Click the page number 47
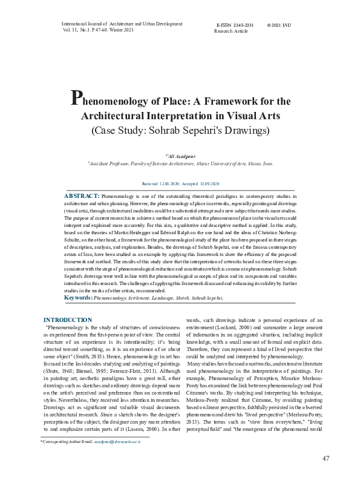326,475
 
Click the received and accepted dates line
180,183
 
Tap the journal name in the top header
122,23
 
